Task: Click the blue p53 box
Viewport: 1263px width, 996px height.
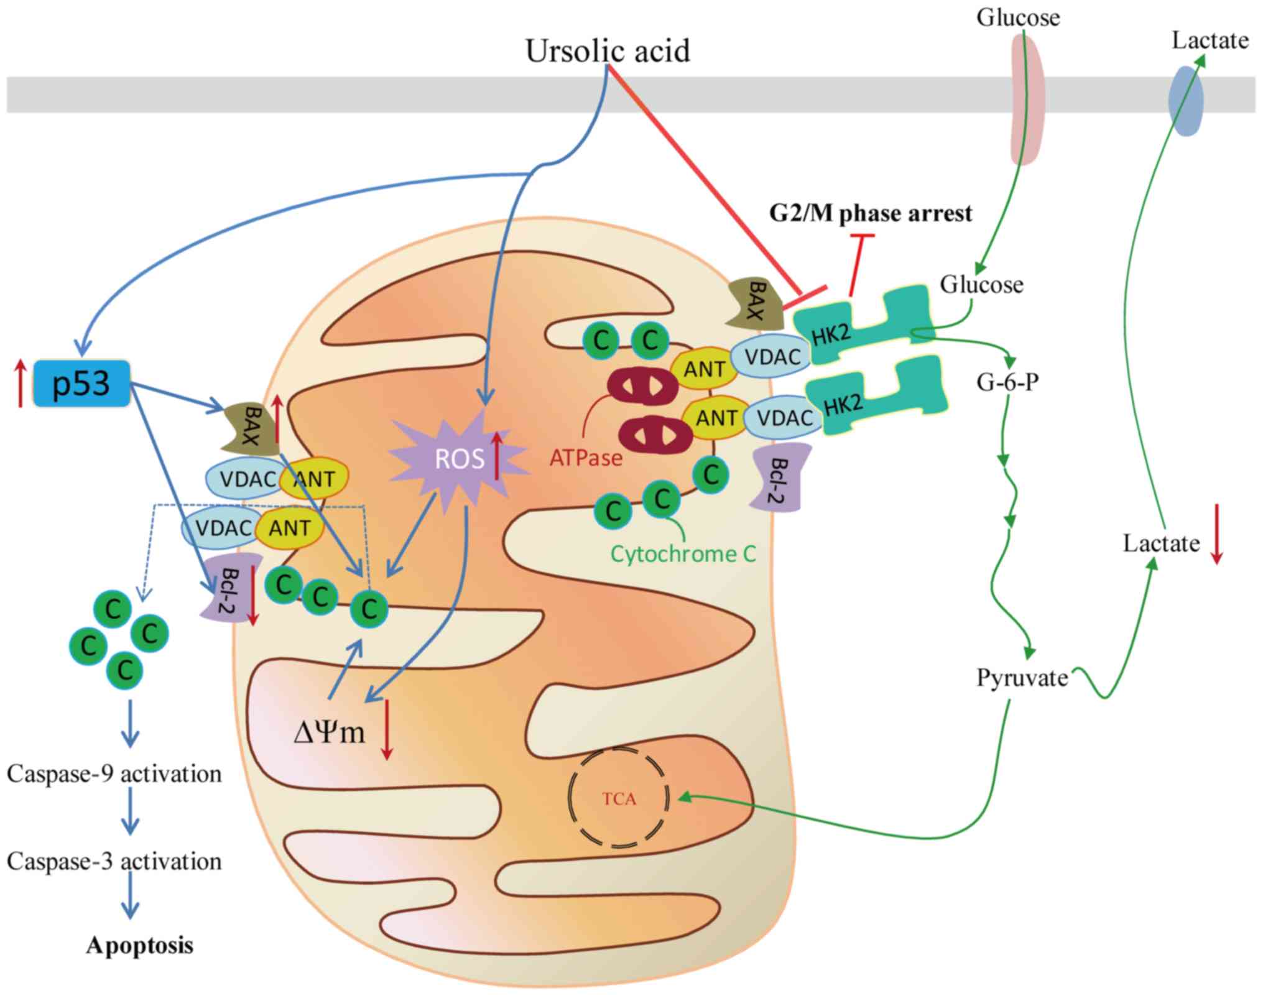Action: (x=81, y=383)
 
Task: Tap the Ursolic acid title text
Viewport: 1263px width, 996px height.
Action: (x=608, y=51)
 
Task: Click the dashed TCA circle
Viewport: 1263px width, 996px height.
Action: (x=619, y=798)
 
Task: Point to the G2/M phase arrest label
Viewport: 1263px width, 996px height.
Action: (x=870, y=213)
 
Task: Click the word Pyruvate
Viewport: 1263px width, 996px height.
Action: (x=1022, y=678)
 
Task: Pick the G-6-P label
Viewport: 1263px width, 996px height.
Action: (x=1007, y=382)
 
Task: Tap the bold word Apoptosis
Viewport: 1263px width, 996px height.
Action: (x=140, y=946)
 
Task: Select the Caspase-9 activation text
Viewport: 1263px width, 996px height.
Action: (x=114, y=774)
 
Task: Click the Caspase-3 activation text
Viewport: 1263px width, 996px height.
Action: (x=114, y=862)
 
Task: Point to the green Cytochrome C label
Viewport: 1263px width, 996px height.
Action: (x=683, y=553)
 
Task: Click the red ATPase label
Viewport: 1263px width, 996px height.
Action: (x=586, y=458)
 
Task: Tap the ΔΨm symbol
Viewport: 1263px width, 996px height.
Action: (x=329, y=732)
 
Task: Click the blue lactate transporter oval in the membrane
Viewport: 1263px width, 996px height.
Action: (x=1186, y=101)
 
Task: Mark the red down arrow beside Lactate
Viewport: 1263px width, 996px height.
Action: (x=1217, y=534)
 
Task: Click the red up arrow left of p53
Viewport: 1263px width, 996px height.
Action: (x=21, y=383)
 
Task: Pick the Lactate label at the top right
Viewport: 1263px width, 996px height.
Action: (x=1210, y=40)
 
